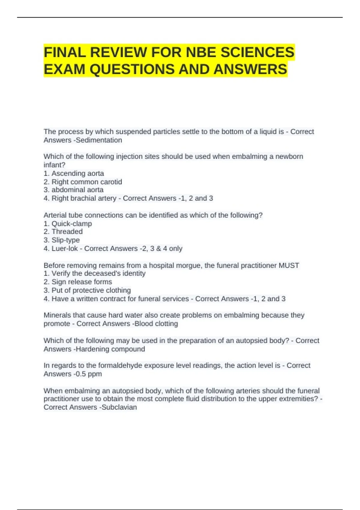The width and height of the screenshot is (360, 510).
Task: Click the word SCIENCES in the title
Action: tap(257, 52)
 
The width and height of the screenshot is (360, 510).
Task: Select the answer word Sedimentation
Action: tap(99, 140)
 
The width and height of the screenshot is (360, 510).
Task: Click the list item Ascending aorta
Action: tap(78, 173)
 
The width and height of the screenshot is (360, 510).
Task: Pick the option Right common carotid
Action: tap(87, 182)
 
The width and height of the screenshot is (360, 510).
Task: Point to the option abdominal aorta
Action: tap(77, 190)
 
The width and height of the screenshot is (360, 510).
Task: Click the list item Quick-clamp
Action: tap(72, 223)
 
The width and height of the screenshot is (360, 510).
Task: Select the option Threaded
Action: tap(67, 232)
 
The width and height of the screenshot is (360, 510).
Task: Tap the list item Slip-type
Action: tap(66, 240)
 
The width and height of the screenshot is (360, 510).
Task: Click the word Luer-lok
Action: tap(64, 248)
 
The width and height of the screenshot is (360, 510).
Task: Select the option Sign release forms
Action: tap(82, 282)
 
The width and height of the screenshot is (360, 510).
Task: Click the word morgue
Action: tap(188, 265)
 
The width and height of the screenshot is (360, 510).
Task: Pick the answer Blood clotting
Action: tap(156, 324)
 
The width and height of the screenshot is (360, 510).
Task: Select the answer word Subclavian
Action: tap(119, 407)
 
